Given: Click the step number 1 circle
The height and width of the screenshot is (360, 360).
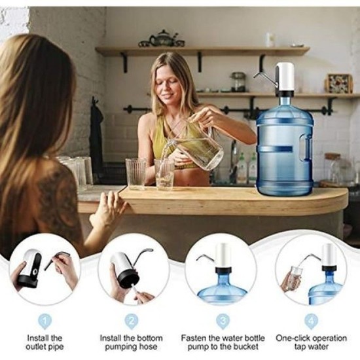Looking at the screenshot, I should pos(45,321).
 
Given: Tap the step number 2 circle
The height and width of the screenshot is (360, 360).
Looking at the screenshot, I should pos(133,321).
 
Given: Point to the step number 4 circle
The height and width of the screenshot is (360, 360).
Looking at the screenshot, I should pos(311,321).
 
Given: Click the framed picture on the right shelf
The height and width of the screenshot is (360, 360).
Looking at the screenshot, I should pos(339,83).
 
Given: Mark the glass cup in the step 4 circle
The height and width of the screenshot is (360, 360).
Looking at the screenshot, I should pos(293,277).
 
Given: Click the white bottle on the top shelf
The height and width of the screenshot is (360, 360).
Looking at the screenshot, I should pos(270,40).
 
